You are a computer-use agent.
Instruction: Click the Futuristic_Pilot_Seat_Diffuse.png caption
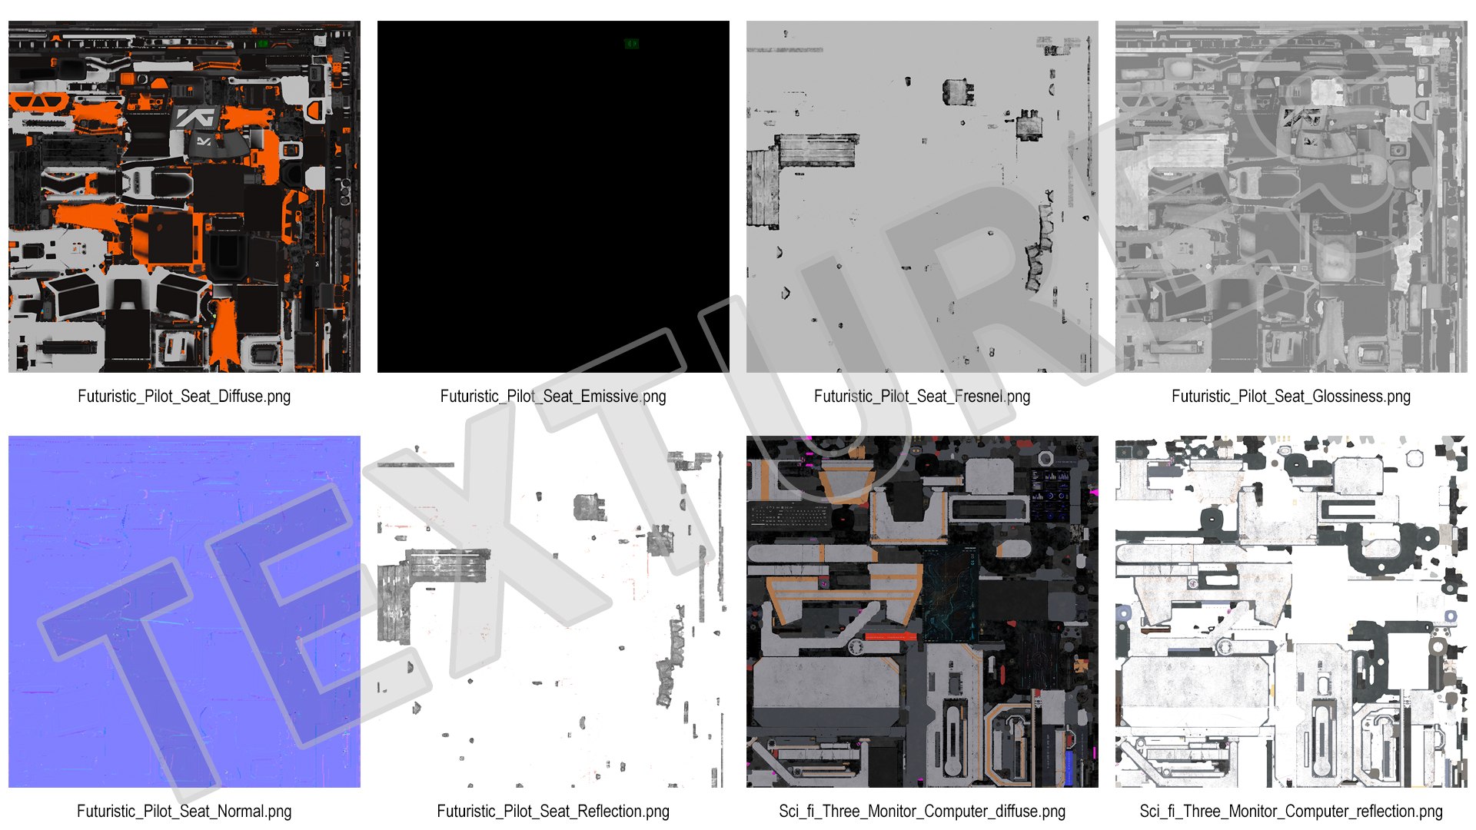click(x=184, y=397)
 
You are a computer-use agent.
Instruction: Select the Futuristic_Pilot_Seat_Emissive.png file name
click(x=553, y=397)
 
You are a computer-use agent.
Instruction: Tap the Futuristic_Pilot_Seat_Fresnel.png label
click(x=922, y=397)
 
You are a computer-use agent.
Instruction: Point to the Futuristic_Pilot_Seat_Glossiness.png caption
click(x=1291, y=397)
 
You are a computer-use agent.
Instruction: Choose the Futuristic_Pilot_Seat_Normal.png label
click(x=184, y=812)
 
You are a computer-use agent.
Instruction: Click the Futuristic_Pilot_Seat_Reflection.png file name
click(x=553, y=812)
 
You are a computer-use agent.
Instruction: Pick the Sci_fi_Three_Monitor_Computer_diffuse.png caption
click(x=922, y=812)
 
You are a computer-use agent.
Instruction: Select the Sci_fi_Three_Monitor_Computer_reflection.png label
click(x=1291, y=812)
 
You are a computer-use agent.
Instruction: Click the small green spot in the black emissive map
click(x=631, y=44)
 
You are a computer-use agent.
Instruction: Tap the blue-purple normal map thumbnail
click(x=184, y=612)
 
